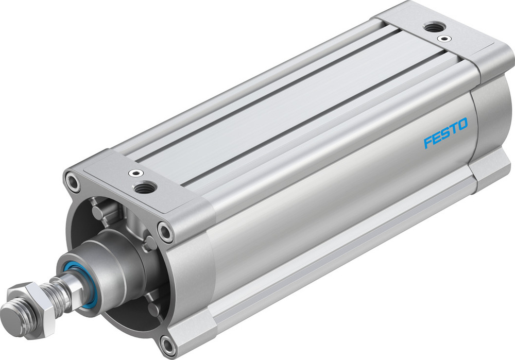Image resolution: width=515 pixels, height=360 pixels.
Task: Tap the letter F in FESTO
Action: (x=427, y=142)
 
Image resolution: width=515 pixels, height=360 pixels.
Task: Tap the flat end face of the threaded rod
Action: (x=12, y=311)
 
